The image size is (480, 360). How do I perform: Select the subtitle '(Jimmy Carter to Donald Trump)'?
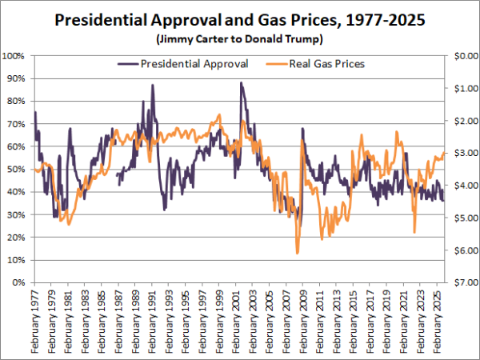[x=239, y=38]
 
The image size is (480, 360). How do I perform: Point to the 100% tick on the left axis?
[x=16, y=56]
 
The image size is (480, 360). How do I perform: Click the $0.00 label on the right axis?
[x=464, y=56]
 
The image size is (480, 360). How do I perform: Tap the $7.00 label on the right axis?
[x=464, y=283]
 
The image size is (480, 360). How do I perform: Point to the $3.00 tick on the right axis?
[x=464, y=154]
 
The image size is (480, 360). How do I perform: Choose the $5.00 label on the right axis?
[x=464, y=218]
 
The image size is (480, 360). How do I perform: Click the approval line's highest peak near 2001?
[x=241, y=82]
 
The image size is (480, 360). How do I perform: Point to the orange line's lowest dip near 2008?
[x=297, y=253]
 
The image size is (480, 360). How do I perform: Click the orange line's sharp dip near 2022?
[x=414, y=232]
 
